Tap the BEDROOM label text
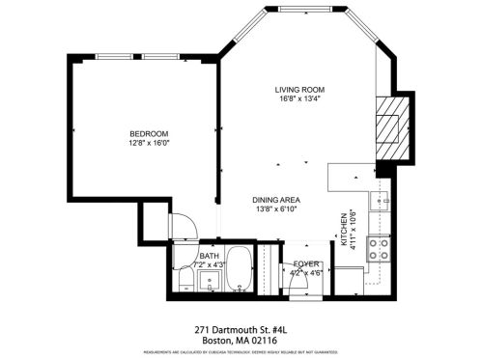pyautogui.click(x=150, y=133)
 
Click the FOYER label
pyautogui.click(x=306, y=263)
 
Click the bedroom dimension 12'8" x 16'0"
pyautogui.click(x=150, y=144)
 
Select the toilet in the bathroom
pyautogui.click(x=185, y=279)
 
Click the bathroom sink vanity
pyautogui.click(x=211, y=282)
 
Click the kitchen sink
pyautogui.click(x=383, y=202)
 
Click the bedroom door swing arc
pyautogui.click(x=184, y=225)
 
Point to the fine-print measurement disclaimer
pyautogui.click(x=241, y=354)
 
